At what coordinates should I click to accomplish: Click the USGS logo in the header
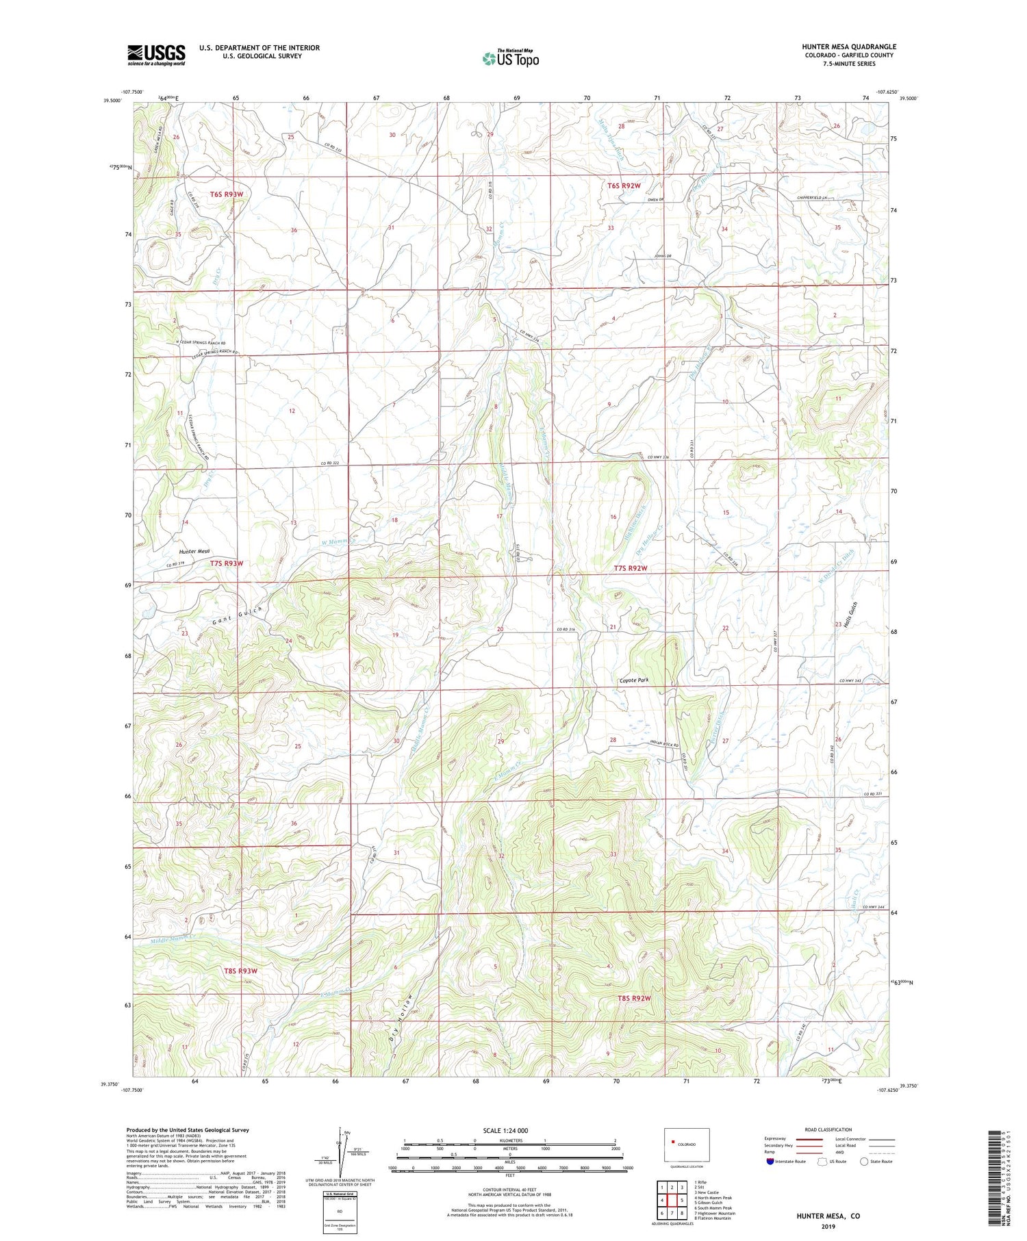pos(156,55)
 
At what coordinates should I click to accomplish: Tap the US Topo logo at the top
pos(510,58)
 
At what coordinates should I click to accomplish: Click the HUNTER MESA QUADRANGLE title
pos(849,47)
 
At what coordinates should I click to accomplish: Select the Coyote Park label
pos(633,680)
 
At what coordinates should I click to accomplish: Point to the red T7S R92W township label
pos(630,569)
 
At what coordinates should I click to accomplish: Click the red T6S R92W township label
pos(624,185)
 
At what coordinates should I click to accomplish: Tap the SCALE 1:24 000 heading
pos(505,1130)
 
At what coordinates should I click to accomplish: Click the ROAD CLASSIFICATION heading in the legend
pos(828,1129)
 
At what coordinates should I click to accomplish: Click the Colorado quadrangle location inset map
pos(687,1144)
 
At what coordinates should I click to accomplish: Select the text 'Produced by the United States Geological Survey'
pos(187,1130)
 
